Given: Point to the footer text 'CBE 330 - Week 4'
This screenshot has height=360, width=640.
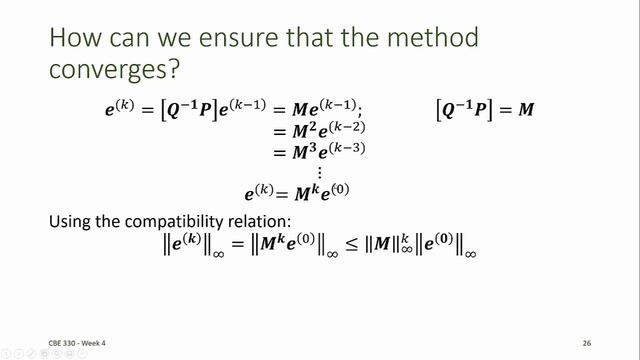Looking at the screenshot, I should click(x=77, y=343).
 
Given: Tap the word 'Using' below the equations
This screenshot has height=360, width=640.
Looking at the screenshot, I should click(x=71, y=221).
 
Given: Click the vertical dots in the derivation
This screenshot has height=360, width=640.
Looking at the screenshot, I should click(x=319, y=172).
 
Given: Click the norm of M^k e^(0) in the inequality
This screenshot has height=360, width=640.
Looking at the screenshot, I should click(x=295, y=248).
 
